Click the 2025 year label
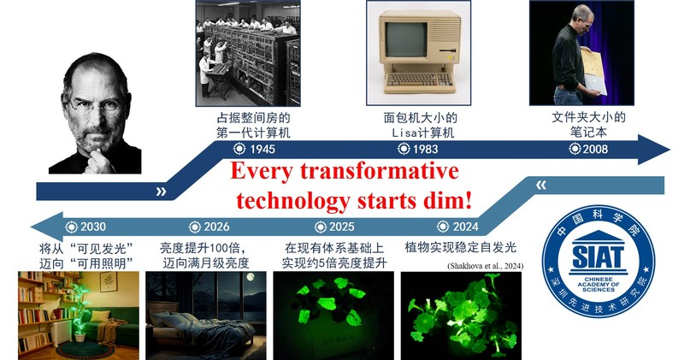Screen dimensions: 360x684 coord(341,227)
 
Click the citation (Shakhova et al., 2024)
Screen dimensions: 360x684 coord(485,267)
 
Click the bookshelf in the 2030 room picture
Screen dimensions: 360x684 coord(34,308)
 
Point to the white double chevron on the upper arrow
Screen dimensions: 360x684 coord(161,192)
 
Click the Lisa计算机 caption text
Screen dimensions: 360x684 coord(418,133)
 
